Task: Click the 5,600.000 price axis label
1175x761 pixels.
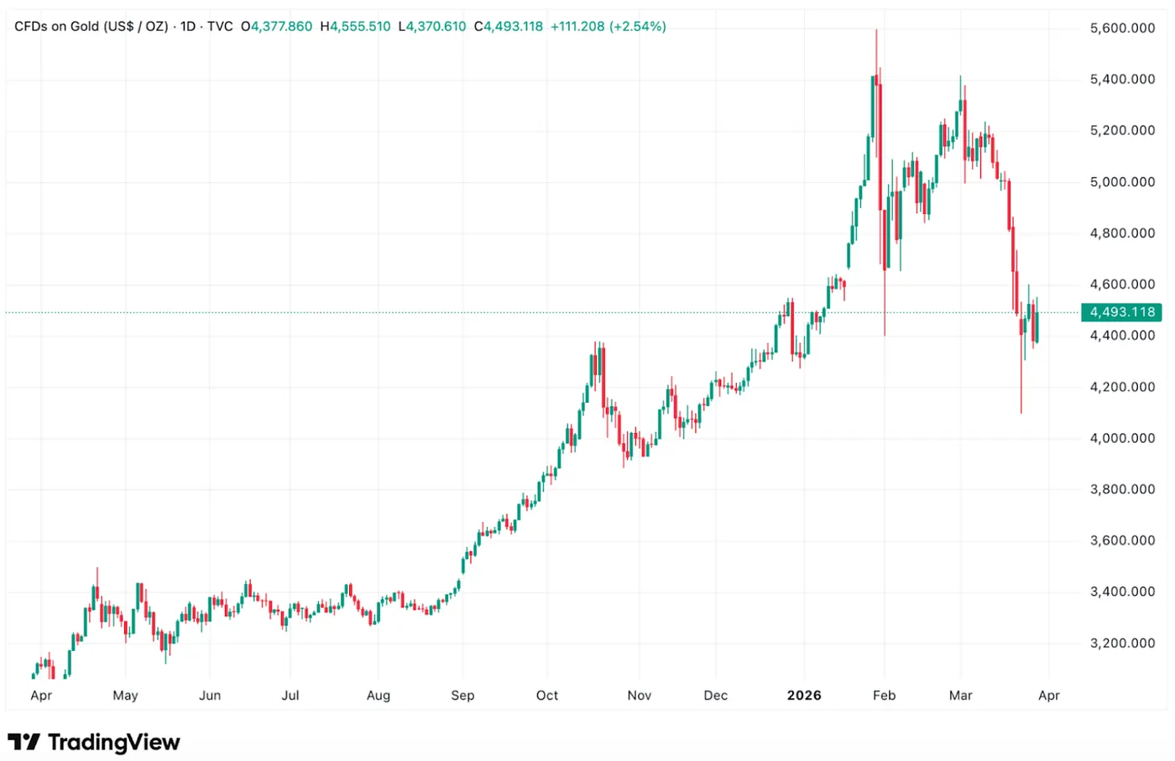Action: click(x=1122, y=29)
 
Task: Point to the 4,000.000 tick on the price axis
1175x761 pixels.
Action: click(x=1122, y=438)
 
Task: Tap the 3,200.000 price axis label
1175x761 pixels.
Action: click(x=1122, y=644)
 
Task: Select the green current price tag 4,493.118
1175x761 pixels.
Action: click(x=1121, y=312)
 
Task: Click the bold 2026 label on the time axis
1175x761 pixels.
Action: click(x=804, y=696)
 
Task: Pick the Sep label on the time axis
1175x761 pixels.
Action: click(x=462, y=696)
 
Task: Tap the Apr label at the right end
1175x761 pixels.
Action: click(x=1048, y=696)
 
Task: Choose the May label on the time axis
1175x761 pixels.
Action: click(x=125, y=696)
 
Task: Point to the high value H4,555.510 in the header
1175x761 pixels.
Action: click(x=356, y=27)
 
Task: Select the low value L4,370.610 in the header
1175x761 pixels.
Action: click(x=431, y=27)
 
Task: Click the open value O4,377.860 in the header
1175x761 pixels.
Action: click(x=276, y=27)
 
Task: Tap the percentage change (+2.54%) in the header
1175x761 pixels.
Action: click(x=637, y=27)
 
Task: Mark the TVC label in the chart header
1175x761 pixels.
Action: click(x=220, y=27)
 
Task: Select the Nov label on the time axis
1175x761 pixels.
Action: click(x=639, y=696)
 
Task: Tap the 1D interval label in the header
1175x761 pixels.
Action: click(x=188, y=27)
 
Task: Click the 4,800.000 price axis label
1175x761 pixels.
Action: click(x=1122, y=233)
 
